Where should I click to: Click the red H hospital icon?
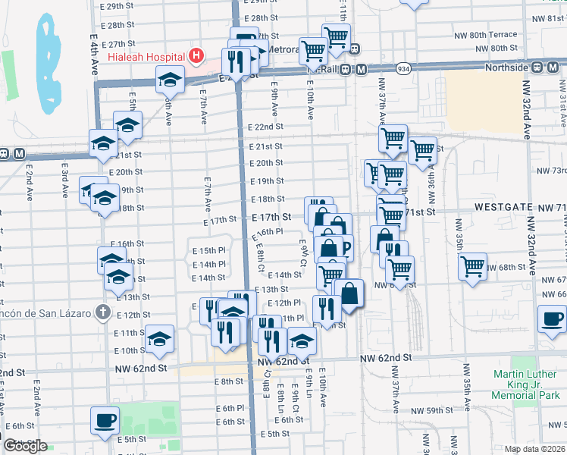point(196,55)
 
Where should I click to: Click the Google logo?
point(25,446)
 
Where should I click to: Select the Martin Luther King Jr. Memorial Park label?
point(525,384)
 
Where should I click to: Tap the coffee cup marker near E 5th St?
point(105,419)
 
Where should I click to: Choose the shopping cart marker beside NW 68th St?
point(473,266)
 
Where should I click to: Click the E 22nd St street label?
point(268,127)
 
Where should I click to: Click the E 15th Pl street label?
point(208,250)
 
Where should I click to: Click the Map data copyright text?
point(534,450)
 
